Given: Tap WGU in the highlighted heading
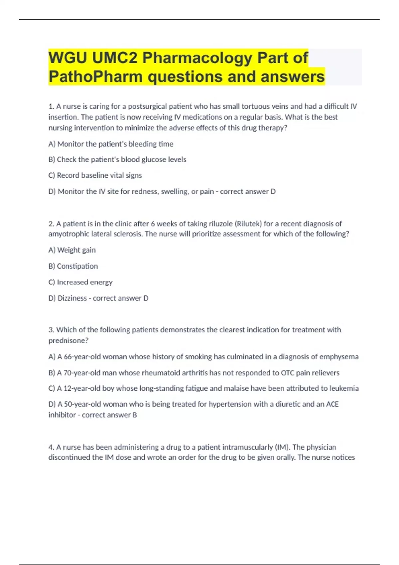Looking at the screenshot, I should click(67, 58).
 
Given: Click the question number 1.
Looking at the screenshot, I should click(51, 106).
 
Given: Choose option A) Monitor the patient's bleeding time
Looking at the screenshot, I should click(111, 144).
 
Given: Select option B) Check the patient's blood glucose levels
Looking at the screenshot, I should click(117, 160).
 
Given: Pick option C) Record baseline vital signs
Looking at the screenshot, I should click(95, 175).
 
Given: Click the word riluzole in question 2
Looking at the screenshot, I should click(221, 224).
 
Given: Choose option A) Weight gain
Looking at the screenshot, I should click(72, 250).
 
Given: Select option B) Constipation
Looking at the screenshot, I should click(73, 266).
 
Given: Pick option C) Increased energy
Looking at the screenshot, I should click(80, 282).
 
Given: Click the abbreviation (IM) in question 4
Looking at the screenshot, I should click(282, 447).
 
